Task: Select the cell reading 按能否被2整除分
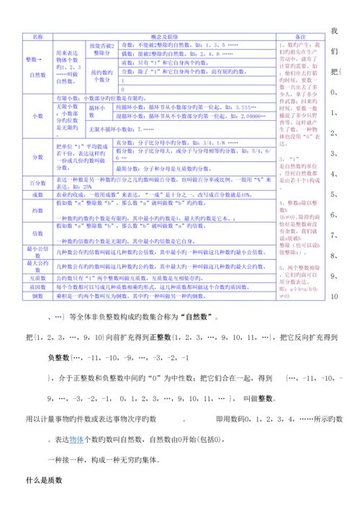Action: [102, 48]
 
